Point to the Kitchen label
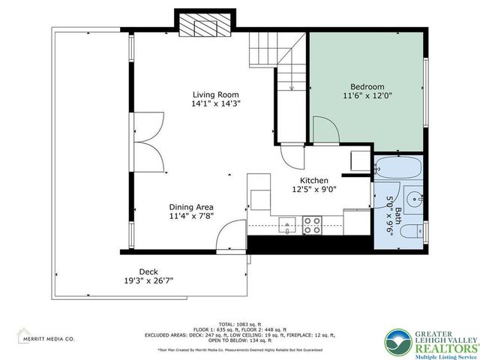[314, 181]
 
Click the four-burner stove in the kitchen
[312, 224]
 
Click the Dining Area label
[190, 207]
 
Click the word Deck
[148, 271]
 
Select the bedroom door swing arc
[324, 129]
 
